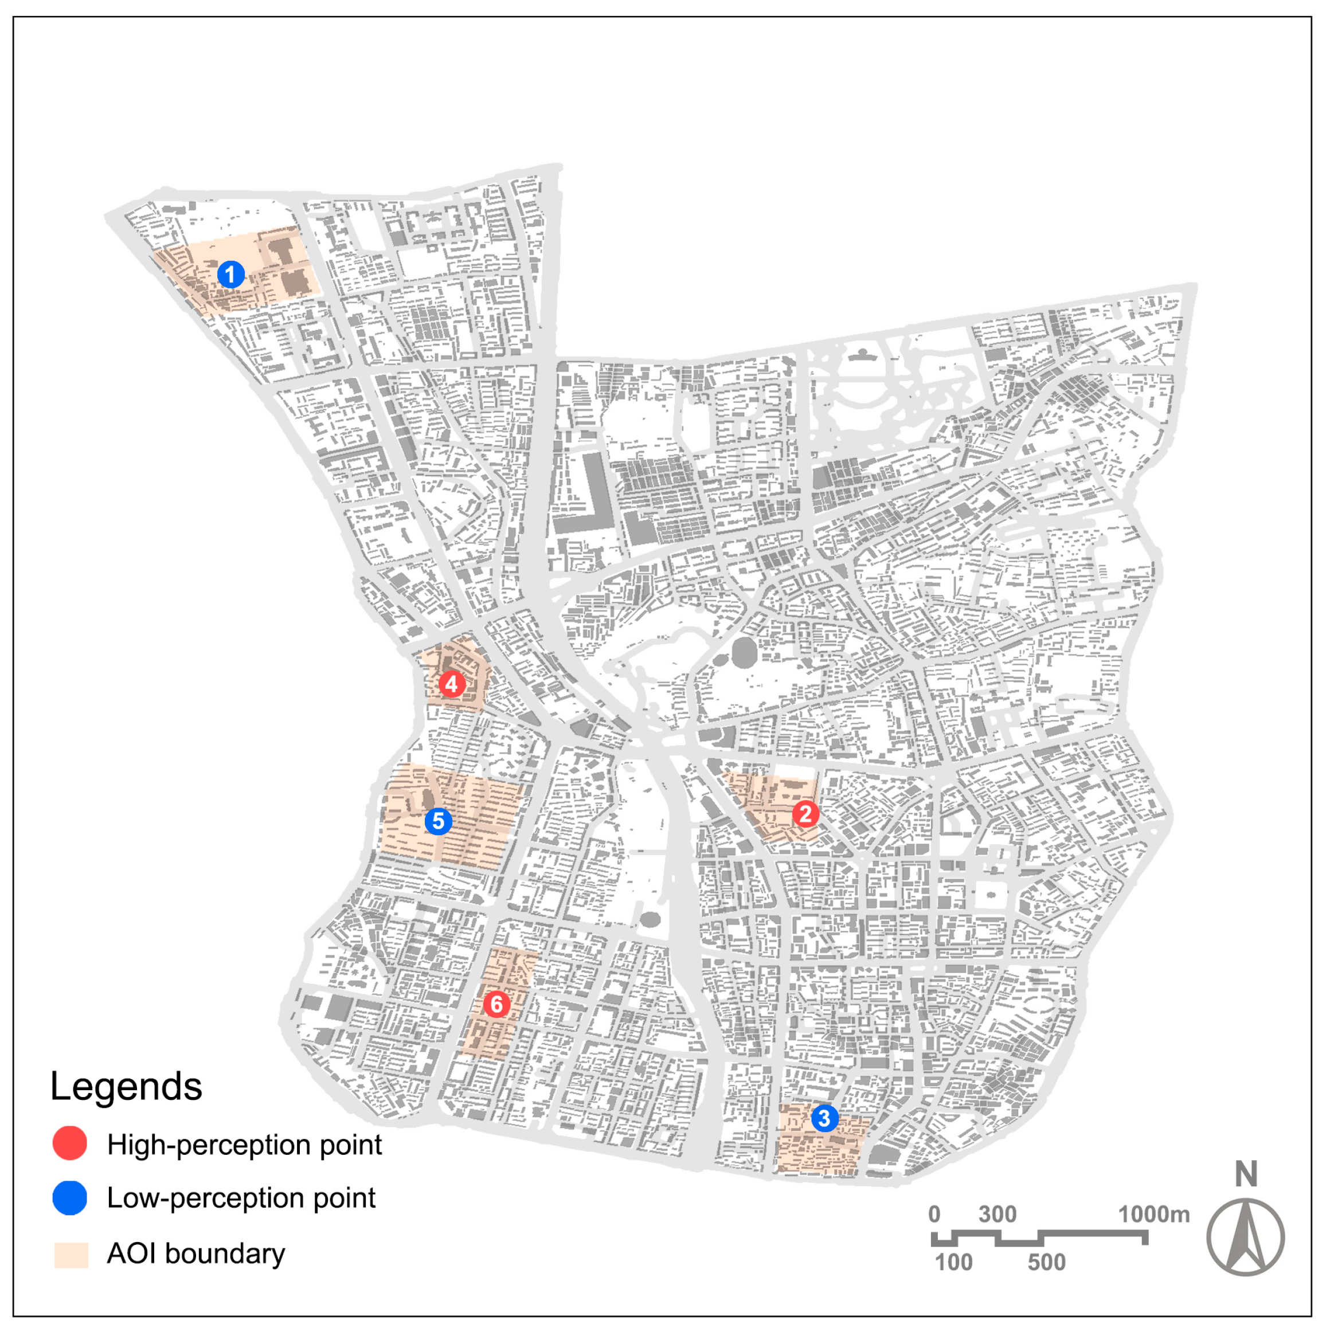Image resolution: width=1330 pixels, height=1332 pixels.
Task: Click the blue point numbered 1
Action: pyautogui.click(x=230, y=275)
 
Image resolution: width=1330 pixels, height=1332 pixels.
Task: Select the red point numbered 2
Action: pyautogui.click(x=805, y=814)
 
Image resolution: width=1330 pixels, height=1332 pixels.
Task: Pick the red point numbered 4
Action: pyautogui.click(x=452, y=684)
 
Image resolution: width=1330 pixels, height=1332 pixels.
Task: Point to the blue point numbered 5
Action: pyautogui.click(x=438, y=821)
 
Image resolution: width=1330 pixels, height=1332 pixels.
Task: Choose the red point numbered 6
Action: pyautogui.click(x=496, y=1005)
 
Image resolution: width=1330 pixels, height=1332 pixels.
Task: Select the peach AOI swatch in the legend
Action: pyautogui.click(x=72, y=1255)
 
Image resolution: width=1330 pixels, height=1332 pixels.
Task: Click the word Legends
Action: pyautogui.click(x=126, y=1087)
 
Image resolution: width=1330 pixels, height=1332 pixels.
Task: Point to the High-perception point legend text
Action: pyautogui.click(x=244, y=1145)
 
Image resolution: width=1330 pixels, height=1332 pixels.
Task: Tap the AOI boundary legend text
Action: pyautogui.click(x=196, y=1253)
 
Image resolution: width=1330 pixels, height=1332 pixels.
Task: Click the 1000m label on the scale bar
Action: pyautogui.click(x=1153, y=1214)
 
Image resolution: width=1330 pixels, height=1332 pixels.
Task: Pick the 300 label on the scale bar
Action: pyautogui.click(x=997, y=1214)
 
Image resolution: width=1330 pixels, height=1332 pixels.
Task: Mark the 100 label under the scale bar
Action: pyautogui.click(x=953, y=1263)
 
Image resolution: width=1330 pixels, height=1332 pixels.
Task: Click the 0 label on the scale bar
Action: pyautogui.click(x=934, y=1214)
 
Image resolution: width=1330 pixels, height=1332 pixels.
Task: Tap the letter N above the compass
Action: pyautogui.click(x=1246, y=1175)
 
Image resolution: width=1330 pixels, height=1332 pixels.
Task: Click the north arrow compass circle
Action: pyautogui.click(x=1245, y=1237)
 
